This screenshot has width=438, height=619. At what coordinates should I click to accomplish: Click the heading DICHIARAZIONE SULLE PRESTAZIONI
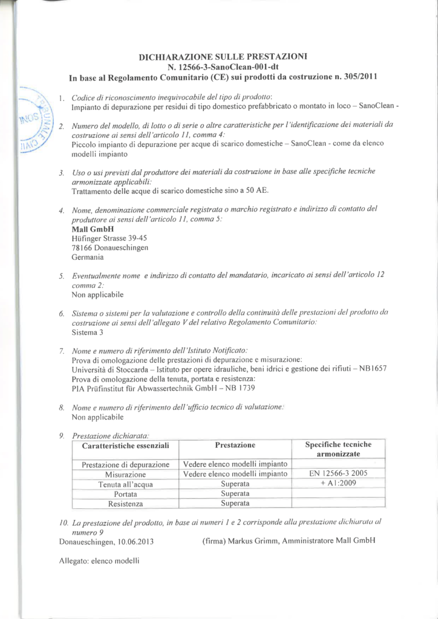223,56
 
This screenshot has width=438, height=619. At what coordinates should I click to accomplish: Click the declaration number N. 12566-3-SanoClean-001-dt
223,66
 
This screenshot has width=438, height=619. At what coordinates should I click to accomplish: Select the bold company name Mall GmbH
88,229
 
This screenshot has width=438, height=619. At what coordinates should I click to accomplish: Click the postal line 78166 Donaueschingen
109,248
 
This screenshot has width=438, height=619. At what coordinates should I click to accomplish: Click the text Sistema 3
88,332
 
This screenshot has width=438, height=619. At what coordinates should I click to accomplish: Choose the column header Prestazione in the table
235,446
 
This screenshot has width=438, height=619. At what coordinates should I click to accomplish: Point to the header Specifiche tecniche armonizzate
338,449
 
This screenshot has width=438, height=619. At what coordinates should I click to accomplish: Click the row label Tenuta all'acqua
125,484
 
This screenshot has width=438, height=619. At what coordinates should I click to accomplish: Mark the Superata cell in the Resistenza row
235,503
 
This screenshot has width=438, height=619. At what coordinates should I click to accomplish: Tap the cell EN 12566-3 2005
338,474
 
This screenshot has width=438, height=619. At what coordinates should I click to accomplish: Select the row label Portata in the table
125,494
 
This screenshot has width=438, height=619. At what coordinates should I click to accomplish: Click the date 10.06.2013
133,540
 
